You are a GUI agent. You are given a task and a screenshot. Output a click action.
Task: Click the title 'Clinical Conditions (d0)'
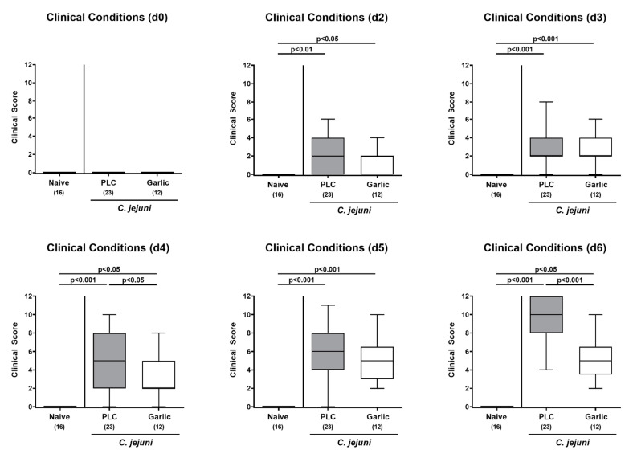(107, 18)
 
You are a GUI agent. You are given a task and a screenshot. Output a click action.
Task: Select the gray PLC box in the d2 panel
(328, 157)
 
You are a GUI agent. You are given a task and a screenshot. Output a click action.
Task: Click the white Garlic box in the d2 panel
(378, 166)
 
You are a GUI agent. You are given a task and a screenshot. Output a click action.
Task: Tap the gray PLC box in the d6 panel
(546, 315)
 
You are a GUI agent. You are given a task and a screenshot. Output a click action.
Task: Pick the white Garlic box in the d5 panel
(378, 362)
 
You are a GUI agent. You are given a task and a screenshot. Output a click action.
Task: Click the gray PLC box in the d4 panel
(109, 361)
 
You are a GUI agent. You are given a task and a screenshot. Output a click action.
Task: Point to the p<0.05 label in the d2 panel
(327, 39)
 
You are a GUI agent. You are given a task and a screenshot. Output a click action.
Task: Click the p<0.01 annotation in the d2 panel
(301, 49)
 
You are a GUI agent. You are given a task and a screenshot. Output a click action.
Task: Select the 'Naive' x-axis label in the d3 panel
(496, 185)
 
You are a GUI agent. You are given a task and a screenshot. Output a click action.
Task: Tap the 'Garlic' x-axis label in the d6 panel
(596, 417)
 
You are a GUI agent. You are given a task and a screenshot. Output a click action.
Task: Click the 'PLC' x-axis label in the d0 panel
(108, 182)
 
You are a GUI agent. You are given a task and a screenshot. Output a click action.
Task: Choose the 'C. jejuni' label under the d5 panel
(353, 442)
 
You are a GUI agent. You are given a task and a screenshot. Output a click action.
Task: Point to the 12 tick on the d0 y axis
(28, 64)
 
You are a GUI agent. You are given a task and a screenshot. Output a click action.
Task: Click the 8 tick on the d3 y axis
(467, 102)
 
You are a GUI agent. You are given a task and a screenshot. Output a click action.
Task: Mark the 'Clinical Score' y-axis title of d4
(15, 350)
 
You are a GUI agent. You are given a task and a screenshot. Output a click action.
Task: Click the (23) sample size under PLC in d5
(328, 427)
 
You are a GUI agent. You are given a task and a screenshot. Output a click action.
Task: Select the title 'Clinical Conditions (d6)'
(545, 247)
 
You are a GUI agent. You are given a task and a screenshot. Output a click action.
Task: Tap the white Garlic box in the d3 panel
(596, 147)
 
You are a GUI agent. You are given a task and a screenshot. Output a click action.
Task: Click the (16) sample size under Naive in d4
(59, 427)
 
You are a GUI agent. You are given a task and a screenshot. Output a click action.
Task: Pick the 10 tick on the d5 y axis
(247, 315)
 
